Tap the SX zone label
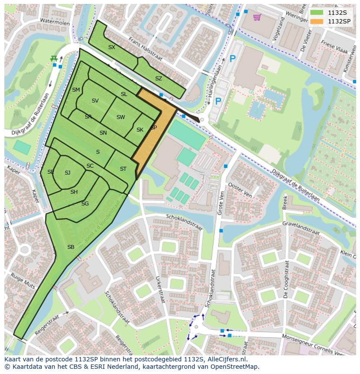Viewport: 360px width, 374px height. click(112, 47)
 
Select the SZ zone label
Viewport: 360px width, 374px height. click(158, 79)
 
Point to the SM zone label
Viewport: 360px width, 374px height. click(76, 90)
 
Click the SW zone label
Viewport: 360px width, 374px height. click(120, 117)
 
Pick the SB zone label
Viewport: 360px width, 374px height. click(70, 247)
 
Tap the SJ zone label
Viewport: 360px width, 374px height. click(67, 173)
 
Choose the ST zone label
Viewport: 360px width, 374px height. click(123, 169)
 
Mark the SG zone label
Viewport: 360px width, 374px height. click(85, 203)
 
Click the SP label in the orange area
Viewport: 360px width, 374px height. click(153, 128)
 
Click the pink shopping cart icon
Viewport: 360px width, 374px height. click(257, 17)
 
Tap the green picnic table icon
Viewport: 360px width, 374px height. click(54, 58)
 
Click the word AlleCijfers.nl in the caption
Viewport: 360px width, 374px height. click(227, 359)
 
